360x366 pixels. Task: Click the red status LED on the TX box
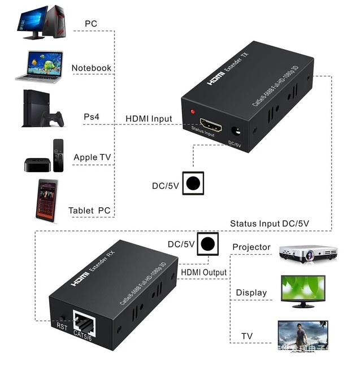point(194,112)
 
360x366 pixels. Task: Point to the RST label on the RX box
point(62,326)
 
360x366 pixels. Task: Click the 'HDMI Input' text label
point(149,118)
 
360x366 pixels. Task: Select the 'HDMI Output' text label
point(204,272)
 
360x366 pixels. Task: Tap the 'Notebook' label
point(91,68)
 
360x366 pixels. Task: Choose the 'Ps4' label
point(92,116)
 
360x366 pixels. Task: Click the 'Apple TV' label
point(93,157)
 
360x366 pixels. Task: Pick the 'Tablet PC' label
point(89,210)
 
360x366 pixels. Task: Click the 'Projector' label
point(251,247)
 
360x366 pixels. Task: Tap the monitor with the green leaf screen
point(303,291)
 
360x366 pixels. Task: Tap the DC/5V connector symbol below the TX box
point(193,183)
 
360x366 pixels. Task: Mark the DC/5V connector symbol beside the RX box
point(207,243)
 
